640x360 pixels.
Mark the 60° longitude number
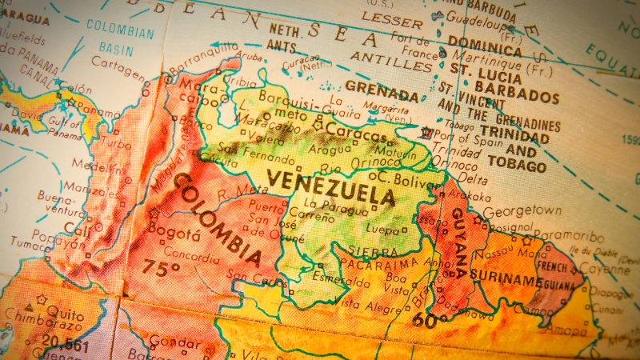(430, 322)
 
